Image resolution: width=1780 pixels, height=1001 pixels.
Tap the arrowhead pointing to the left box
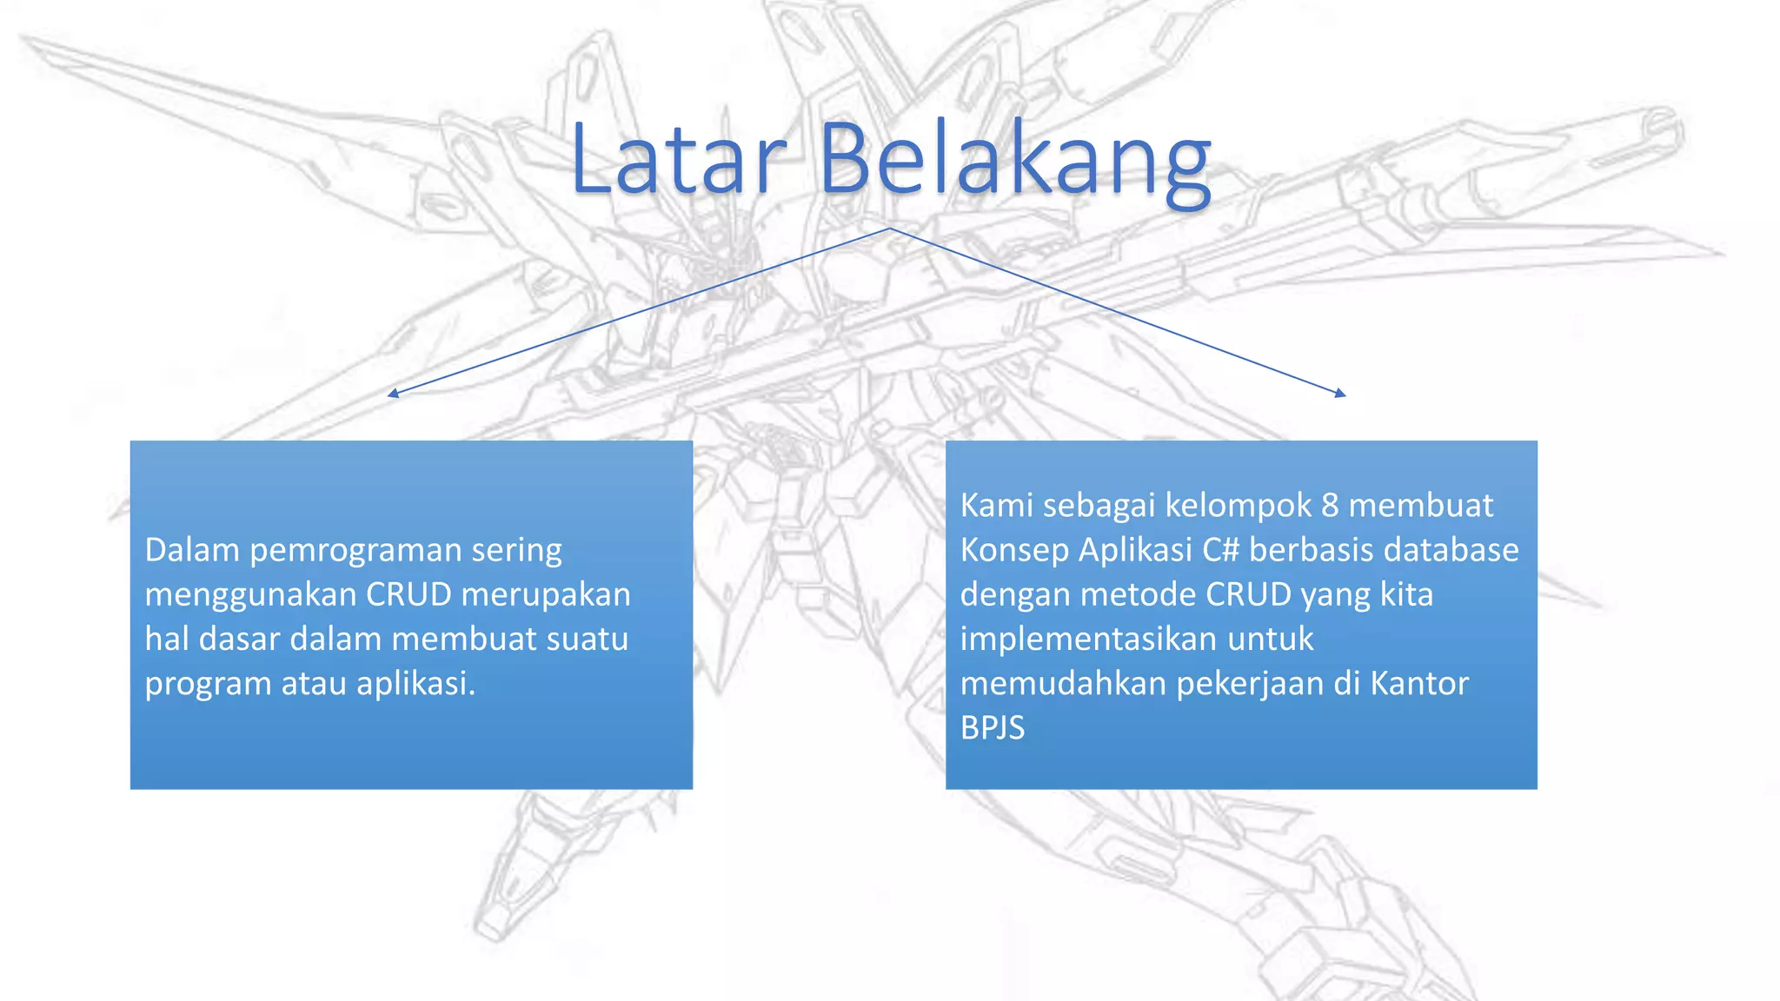[x=393, y=394]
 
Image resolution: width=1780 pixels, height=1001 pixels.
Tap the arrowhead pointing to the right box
[x=1341, y=394]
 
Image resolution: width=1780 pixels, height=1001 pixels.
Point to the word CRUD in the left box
[x=408, y=594]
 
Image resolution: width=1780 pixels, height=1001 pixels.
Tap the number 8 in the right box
[x=1330, y=505]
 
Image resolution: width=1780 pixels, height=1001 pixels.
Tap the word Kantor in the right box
[x=1419, y=683]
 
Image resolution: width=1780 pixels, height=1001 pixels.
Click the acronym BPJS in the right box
[x=993, y=728]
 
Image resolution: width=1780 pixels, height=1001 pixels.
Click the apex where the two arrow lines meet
[x=890, y=229]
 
